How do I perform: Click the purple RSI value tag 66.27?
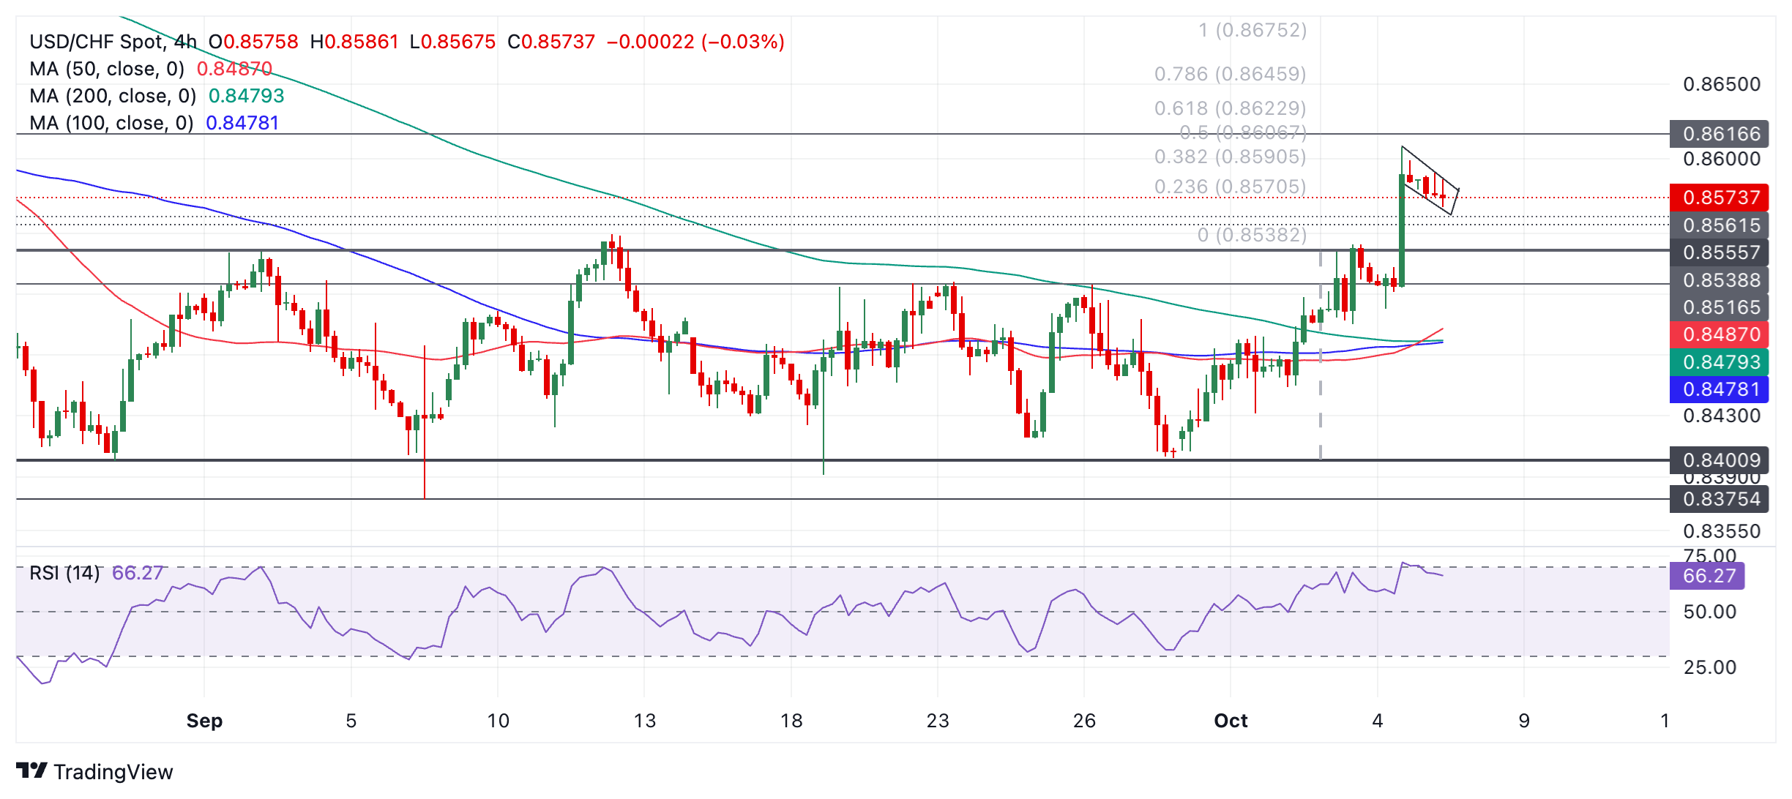(x=1707, y=576)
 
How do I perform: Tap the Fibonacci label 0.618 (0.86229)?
(x=1230, y=108)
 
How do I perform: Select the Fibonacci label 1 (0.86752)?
(x=1252, y=30)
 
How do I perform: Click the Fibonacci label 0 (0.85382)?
(x=1252, y=235)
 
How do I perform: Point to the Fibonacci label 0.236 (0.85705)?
(x=1230, y=187)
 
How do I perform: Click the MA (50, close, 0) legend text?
(x=107, y=69)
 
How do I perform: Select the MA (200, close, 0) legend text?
(x=113, y=96)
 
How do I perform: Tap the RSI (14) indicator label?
(x=64, y=572)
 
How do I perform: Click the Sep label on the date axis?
(x=204, y=721)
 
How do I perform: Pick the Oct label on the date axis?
(x=1231, y=721)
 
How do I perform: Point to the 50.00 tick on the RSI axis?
(x=1709, y=612)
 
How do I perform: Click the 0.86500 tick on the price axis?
(x=1721, y=84)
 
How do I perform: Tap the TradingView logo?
(x=95, y=771)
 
